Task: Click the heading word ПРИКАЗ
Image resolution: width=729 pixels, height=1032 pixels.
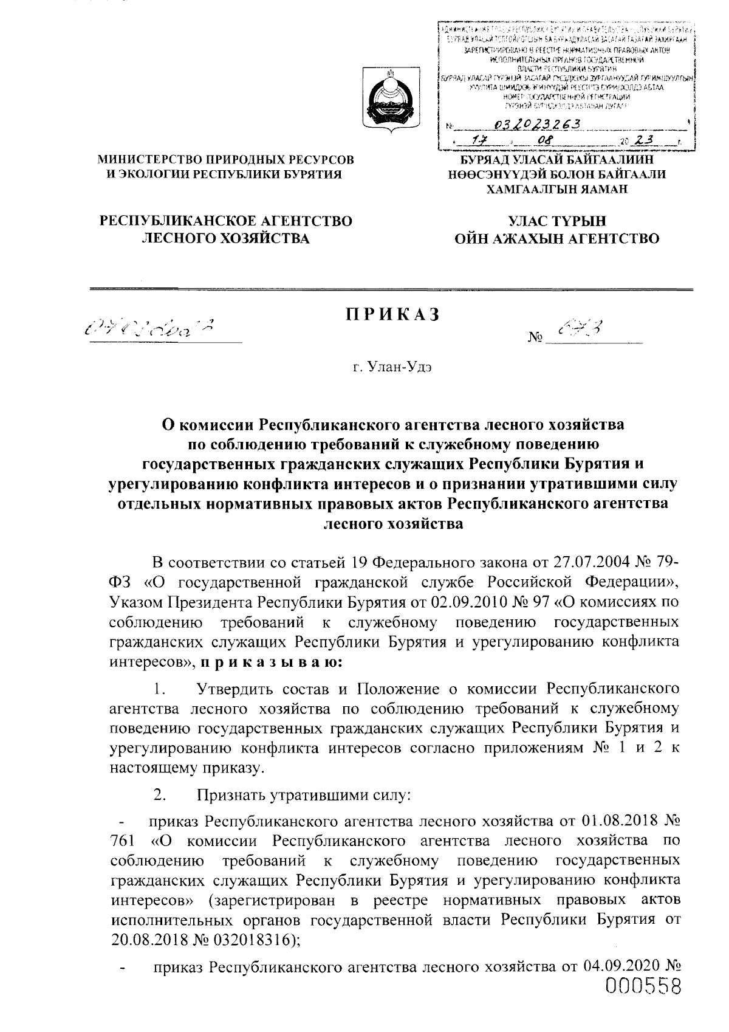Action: pyautogui.click(x=392, y=315)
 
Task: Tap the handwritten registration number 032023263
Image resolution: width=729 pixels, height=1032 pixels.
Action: pyautogui.click(x=538, y=124)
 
